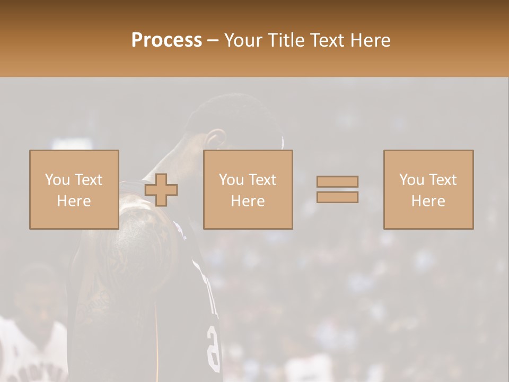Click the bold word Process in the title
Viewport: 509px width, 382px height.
[x=166, y=40]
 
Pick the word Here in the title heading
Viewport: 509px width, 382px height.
[x=371, y=40]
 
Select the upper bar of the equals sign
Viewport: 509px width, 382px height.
[x=337, y=181]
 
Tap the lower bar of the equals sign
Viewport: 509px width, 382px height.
[x=337, y=197]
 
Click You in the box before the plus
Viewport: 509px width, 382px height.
[x=57, y=180]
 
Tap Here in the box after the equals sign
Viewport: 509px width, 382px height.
[x=428, y=201]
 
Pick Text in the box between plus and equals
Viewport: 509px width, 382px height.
[x=262, y=180]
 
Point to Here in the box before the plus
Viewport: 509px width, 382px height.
[x=74, y=201]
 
